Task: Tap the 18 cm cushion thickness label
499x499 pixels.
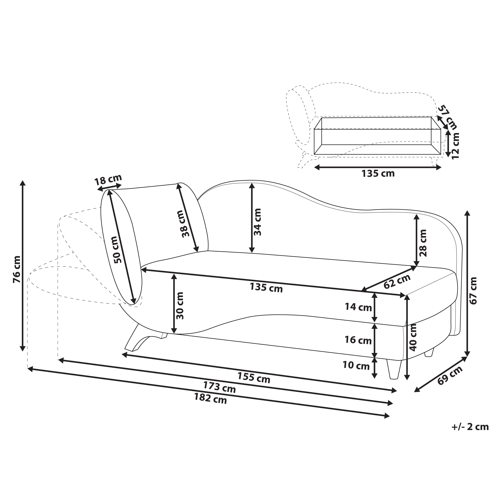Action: click(x=108, y=180)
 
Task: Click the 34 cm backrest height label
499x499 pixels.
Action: click(x=257, y=222)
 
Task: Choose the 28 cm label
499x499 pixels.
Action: click(x=423, y=243)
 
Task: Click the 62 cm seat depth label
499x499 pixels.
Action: click(x=397, y=281)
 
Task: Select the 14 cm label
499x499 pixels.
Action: click(x=358, y=307)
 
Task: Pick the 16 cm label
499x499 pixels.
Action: click(x=358, y=340)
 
